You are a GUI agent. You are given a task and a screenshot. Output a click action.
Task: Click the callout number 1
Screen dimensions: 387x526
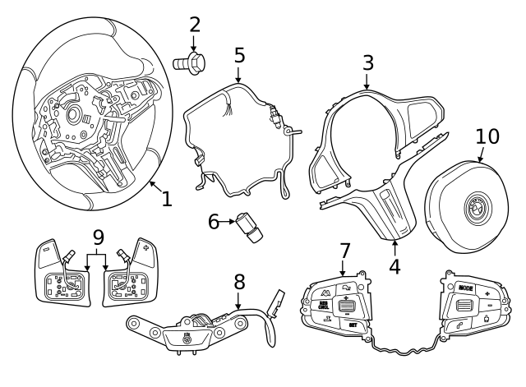click(x=167, y=198)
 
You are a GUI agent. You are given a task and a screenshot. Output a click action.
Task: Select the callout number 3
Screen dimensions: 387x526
click(x=367, y=62)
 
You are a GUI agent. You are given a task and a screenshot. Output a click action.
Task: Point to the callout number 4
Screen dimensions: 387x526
click(x=394, y=266)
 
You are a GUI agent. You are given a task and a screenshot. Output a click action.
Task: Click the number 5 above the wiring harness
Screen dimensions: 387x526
click(x=239, y=55)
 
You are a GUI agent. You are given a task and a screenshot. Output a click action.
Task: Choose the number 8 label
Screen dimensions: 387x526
click(x=239, y=283)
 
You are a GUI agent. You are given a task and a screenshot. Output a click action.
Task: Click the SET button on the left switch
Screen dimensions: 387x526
click(x=353, y=325)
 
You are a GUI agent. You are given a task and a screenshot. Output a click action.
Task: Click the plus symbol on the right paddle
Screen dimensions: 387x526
click(x=146, y=246)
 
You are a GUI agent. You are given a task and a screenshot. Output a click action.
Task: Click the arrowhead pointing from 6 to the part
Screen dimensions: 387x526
click(x=232, y=221)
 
